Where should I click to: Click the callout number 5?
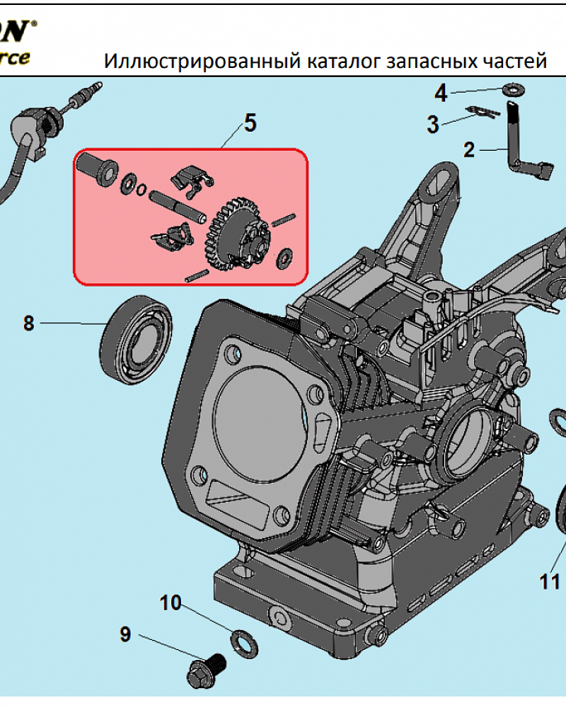[x=249, y=123]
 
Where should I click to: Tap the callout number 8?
[x=28, y=324]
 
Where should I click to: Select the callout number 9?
[x=125, y=634]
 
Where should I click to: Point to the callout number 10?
[x=171, y=603]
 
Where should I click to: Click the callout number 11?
[x=549, y=581]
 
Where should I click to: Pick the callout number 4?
[x=440, y=92]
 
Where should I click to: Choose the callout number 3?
[x=433, y=125]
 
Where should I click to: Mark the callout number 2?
[x=468, y=149]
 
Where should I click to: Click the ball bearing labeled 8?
[x=137, y=338]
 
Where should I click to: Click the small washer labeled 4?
[x=511, y=90]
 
